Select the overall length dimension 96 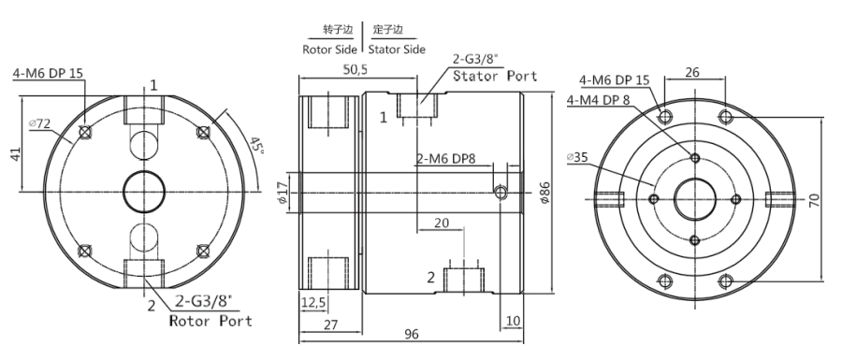coord(412,334)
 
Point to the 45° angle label coord(256,147)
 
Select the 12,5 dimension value coord(313,303)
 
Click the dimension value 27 coord(331,324)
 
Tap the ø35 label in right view coord(577,157)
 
